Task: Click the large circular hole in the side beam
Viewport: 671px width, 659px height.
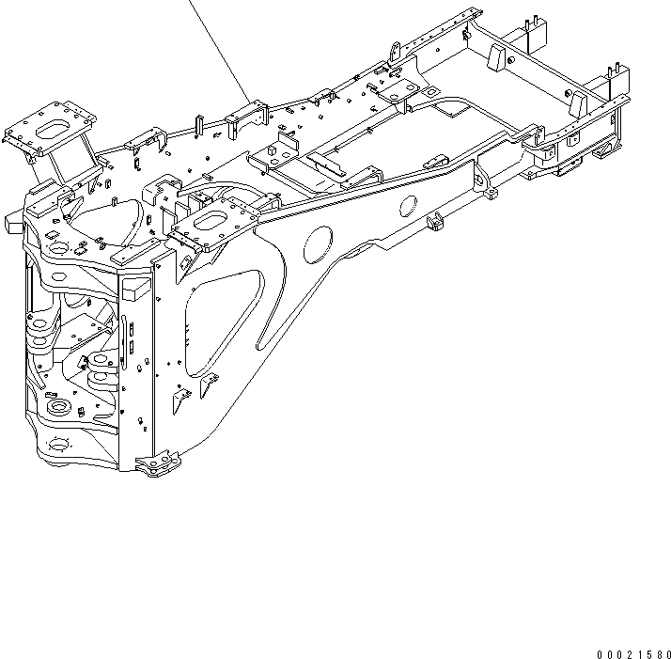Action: pos(316,243)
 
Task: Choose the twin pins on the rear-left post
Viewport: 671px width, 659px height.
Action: pos(532,23)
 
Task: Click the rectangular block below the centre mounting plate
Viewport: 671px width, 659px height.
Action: pos(133,290)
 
